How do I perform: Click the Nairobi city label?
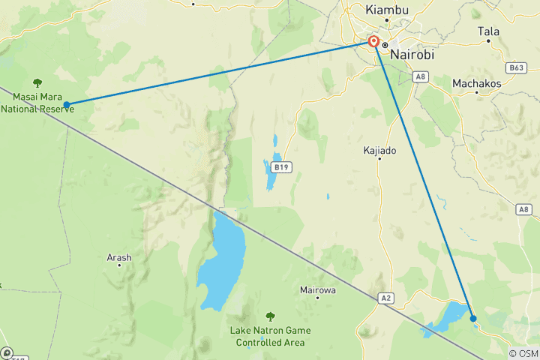[x=412, y=54]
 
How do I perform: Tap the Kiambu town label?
[x=386, y=10]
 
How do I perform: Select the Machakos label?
[x=476, y=83]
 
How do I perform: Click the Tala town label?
[x=488, y=31]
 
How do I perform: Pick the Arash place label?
[x=119, y=257]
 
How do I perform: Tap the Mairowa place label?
[x=317, y=289]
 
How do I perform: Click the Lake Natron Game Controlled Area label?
[x=270, y=337]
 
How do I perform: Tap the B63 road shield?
[x=515, y=68]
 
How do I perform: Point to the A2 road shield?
[x=385, y=298]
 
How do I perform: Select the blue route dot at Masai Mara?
[x=67, y=104]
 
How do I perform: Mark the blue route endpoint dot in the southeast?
[x=473, y=319]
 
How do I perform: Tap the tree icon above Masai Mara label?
[x=37, y=82]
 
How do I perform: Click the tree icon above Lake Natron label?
[x=270, y=316]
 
